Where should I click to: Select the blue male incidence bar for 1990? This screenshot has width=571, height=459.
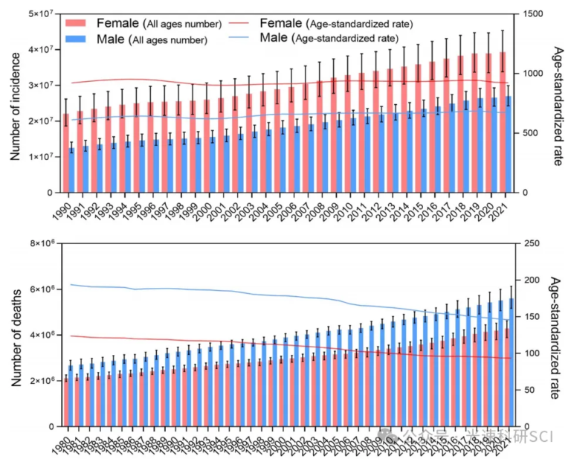(x=71, y=170)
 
